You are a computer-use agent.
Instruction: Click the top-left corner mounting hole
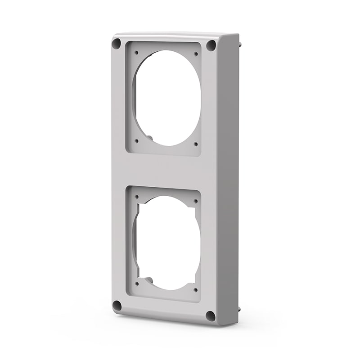117,44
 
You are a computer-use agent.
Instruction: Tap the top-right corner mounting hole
211,45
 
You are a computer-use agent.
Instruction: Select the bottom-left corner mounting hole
117,306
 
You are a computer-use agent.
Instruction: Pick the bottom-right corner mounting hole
210,316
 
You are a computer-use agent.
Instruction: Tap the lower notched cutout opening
166,243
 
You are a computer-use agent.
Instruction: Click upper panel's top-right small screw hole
196,54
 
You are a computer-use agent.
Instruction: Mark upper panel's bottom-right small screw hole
196,144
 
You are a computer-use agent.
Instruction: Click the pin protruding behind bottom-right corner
239,310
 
